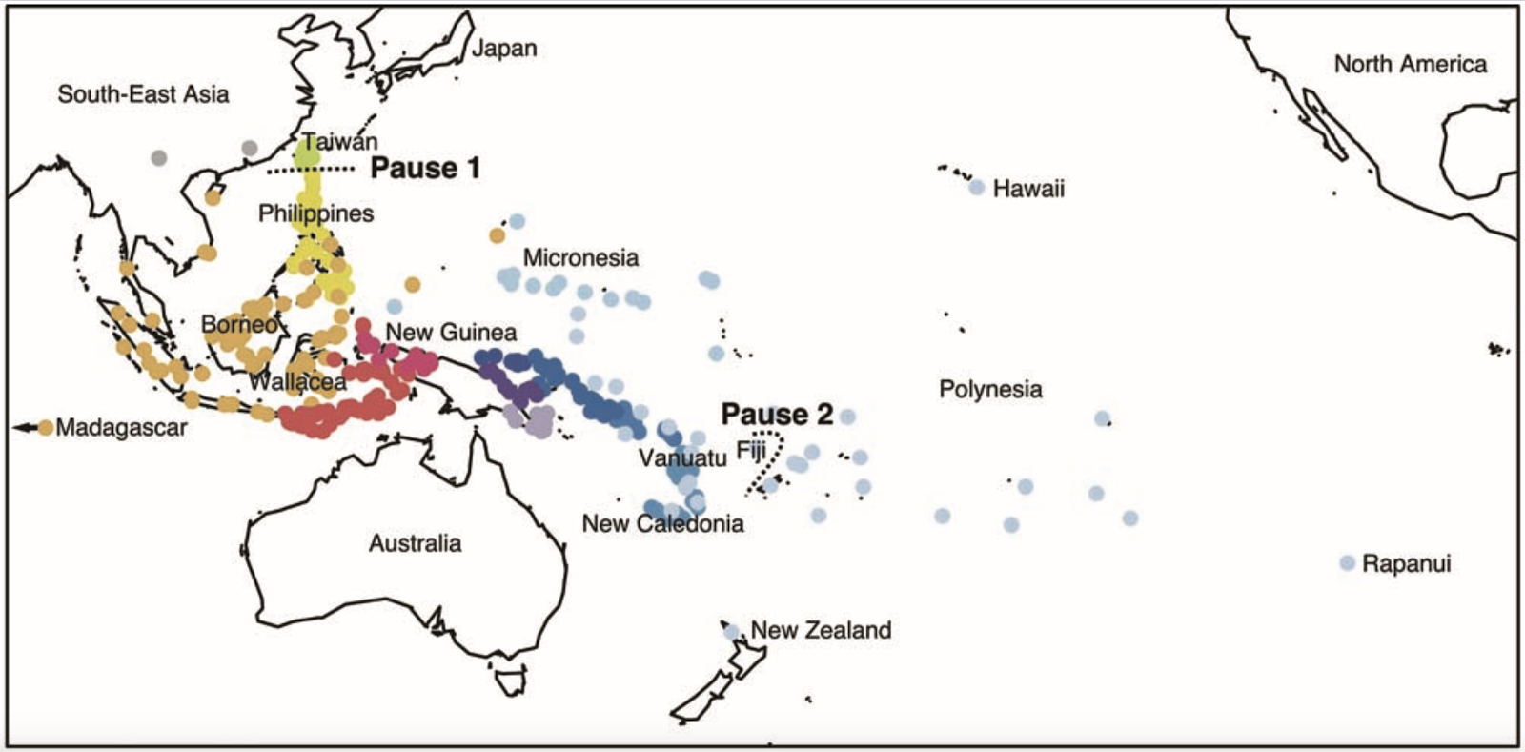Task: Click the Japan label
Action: coord(504,48)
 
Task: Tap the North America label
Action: coord(1410,64)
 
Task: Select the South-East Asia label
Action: coord(143,93)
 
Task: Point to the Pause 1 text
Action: coord(425,168)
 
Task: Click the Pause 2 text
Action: coord(777,414)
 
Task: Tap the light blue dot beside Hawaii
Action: coord(977,188)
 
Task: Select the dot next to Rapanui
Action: coord(1347,563)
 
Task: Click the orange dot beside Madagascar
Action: coord(45,427)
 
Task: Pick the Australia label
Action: coord(415,543)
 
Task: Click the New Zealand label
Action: coord(821,630)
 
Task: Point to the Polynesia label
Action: coord(990,389)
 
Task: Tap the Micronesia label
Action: coord(580,257)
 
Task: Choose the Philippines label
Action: coord(315,213)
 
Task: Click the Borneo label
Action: coord(238,324)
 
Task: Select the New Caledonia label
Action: coord(662,523)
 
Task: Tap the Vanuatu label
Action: coord(682,458)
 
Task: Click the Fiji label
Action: coord(751,451)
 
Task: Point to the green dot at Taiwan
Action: coord(309,150)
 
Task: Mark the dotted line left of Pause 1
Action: coord(310,170)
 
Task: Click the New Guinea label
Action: coord(451,332)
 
